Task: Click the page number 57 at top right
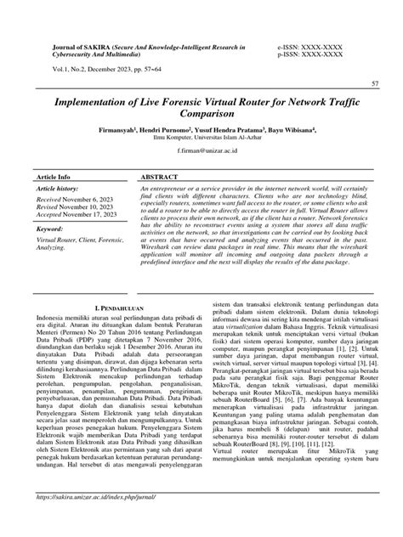pos(375,84)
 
